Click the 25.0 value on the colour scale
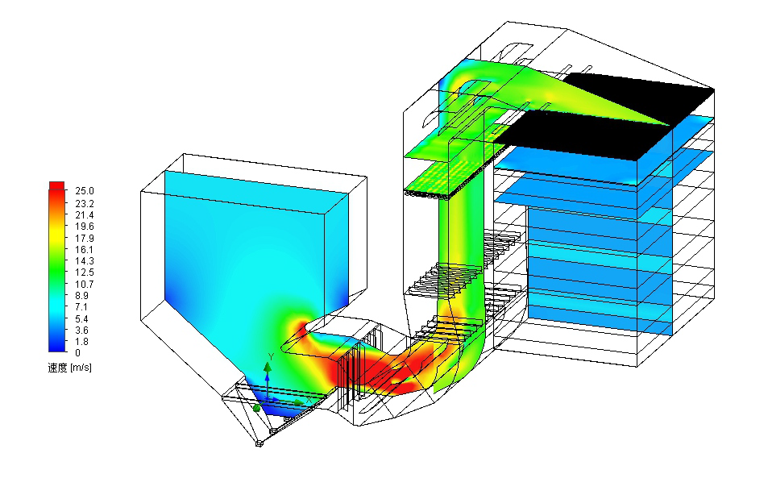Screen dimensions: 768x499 click(x=85, y=191)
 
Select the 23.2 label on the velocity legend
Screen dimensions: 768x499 click(x=85, y=203)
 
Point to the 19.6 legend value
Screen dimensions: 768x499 click(x=85, y=227)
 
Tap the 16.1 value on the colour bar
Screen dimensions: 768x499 click(x=85, y=250)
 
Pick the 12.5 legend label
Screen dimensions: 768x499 click(x=85, y=272)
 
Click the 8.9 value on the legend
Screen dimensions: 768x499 click(x=81, y=296)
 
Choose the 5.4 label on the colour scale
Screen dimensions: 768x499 click(x=81, y=319)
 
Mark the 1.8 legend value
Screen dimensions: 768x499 click(x=81, y=342)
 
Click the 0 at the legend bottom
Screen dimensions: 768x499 click(x=78, y=353)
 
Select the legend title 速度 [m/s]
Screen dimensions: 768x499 click(x=69, y=368)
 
